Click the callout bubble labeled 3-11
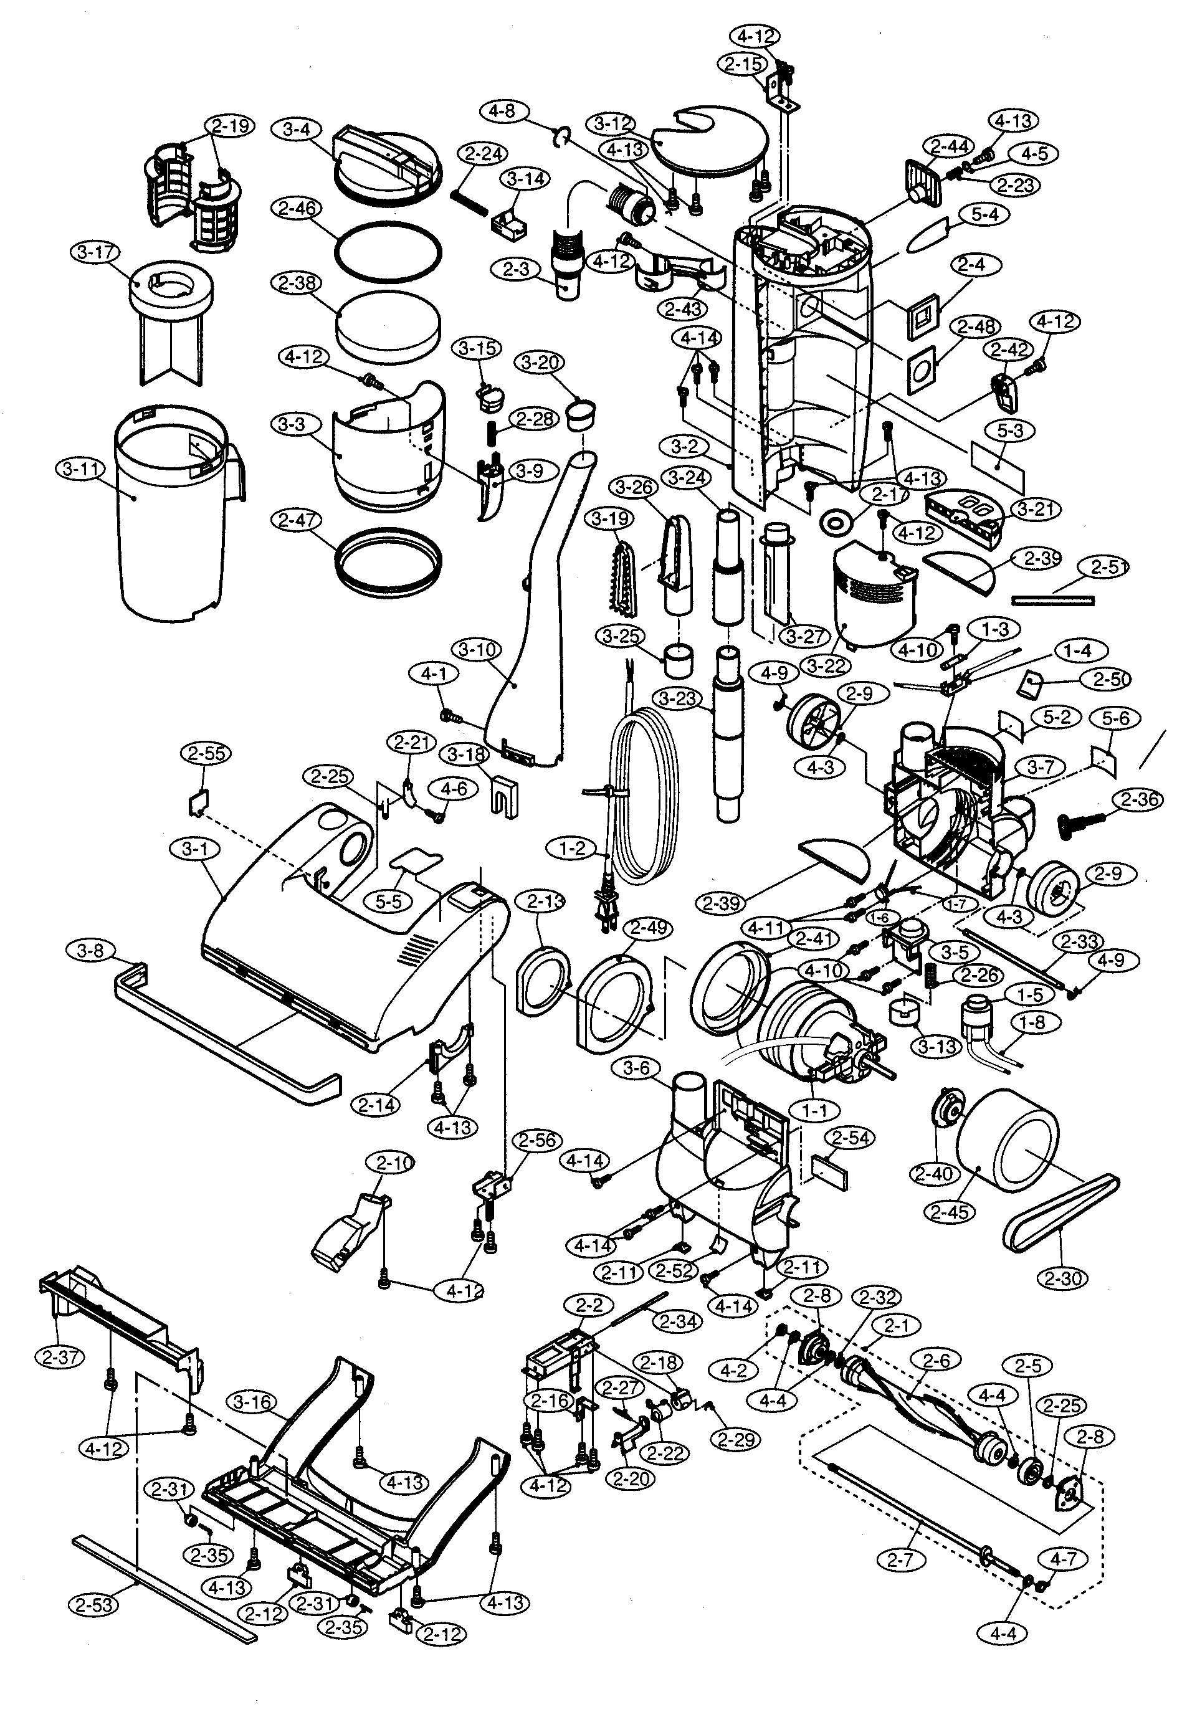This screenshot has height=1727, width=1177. pos(80,469)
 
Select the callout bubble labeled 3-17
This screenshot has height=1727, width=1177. pos(97,252)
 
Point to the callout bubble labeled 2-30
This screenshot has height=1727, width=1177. pos(1065,1279)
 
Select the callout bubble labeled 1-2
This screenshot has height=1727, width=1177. pos(571,848)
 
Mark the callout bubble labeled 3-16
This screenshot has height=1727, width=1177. pos(254,1402)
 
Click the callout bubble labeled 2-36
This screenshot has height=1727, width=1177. pos(1138,799)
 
